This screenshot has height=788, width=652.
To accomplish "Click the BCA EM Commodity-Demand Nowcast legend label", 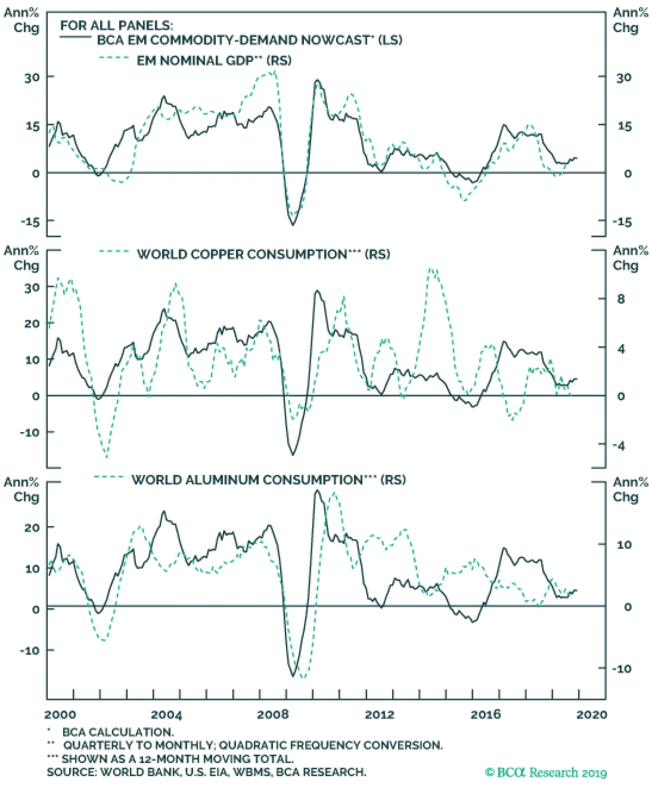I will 249,40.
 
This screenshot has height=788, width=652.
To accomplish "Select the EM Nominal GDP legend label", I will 214,61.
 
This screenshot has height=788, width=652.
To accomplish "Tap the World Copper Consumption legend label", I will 263,254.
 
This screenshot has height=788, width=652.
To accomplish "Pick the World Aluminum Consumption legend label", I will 269,480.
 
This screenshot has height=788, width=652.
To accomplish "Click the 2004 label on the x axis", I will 166,715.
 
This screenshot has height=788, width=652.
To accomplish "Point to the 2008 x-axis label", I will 272,715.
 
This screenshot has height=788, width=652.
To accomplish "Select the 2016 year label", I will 485,715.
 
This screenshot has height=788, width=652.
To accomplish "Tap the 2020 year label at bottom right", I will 591,715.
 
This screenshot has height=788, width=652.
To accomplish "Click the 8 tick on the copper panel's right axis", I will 621,299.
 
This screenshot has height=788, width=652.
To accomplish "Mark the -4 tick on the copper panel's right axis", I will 619,446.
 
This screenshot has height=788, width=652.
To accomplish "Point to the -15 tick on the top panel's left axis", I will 30,222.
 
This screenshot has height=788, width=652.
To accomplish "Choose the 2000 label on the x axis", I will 60,715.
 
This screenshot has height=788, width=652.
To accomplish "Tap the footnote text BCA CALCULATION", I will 118,732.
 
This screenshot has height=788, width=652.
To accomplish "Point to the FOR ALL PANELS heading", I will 117,26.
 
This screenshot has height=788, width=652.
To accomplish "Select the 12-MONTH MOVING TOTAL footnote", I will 216,759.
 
